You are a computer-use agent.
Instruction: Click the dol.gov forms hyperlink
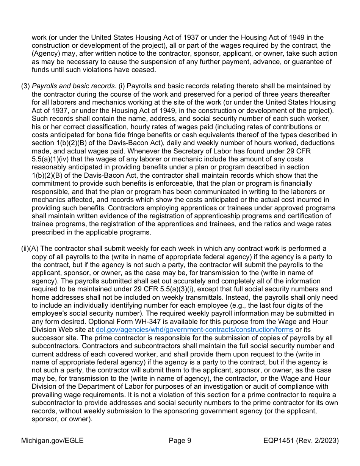(x=194, y=330)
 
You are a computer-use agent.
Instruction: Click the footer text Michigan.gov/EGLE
(x=52, y=441)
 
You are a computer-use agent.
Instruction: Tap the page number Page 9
(x=180, y=441)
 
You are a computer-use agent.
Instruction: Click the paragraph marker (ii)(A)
(x=30, y=249)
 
